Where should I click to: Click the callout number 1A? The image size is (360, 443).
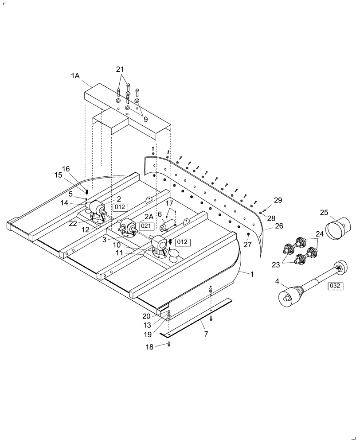(x=74, y=76)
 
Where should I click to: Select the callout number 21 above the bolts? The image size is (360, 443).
(x=121, y=70)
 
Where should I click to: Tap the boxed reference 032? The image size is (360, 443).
(x=335, y=286)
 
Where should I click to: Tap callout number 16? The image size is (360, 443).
(x=66, y=169)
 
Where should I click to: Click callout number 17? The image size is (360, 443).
(x=169, y=203)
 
